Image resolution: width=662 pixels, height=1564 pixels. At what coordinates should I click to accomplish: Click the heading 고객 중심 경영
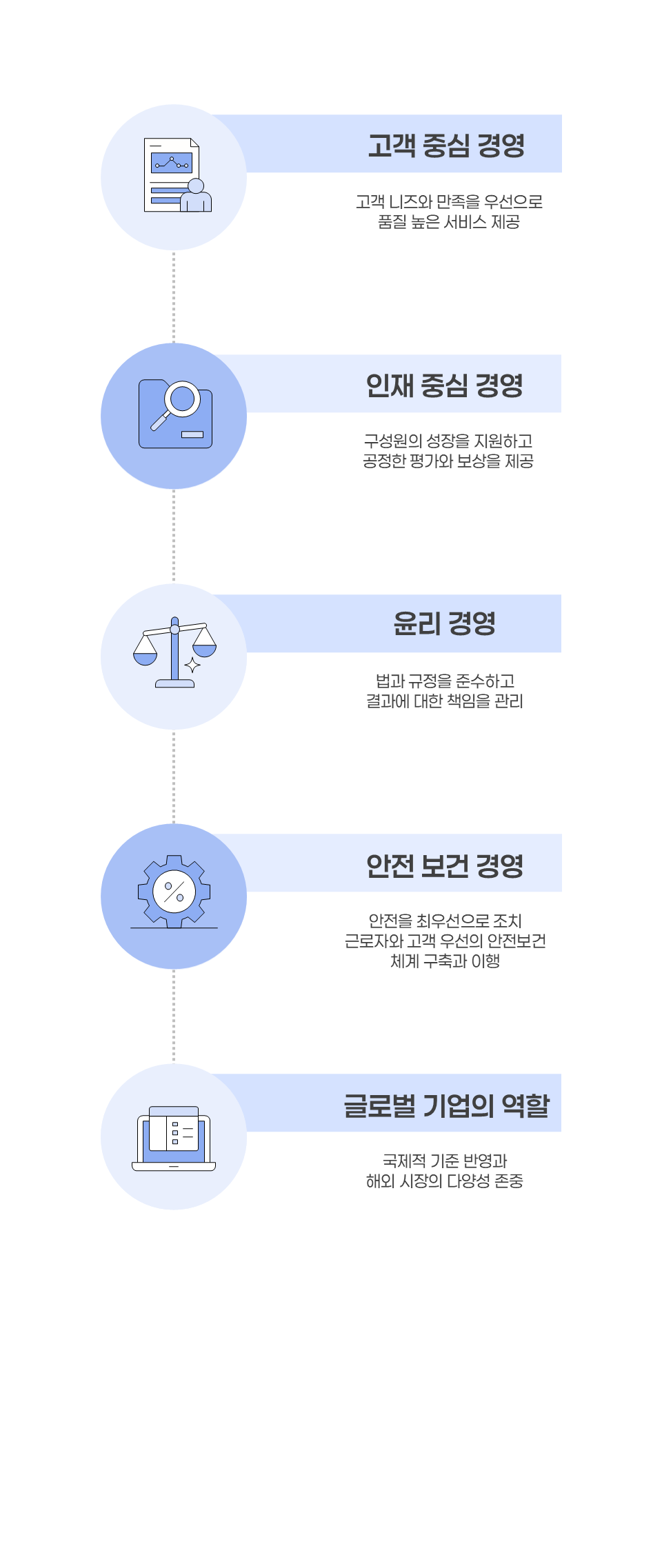446,145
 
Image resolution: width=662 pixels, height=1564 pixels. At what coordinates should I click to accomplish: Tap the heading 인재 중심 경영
445,385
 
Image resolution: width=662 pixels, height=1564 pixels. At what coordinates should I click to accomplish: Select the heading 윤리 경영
445,623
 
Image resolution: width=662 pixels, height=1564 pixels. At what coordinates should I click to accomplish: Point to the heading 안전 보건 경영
445,865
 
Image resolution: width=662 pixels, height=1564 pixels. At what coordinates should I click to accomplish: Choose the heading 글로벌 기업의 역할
446,1105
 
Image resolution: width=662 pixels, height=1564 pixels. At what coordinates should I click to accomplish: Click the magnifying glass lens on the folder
183,398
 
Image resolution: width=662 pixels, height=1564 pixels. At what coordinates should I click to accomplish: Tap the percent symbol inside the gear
174,891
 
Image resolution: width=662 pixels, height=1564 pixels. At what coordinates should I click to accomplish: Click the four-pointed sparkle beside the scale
192,665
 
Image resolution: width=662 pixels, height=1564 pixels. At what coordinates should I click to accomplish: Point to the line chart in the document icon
172,163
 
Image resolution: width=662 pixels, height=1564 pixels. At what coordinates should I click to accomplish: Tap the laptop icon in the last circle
174,1139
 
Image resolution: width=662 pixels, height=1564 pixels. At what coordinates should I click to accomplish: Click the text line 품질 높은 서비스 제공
449,222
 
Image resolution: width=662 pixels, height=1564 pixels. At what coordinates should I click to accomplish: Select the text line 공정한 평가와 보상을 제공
448,461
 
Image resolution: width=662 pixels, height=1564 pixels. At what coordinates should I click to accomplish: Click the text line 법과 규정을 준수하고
445,681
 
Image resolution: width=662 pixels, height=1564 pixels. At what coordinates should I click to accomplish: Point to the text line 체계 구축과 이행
445,961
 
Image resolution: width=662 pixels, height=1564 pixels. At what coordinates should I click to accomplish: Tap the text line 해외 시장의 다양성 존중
445,1181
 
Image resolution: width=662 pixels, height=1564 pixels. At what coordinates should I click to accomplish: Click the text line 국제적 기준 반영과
445,1161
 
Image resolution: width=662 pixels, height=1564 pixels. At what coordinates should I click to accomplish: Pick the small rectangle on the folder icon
192,434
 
